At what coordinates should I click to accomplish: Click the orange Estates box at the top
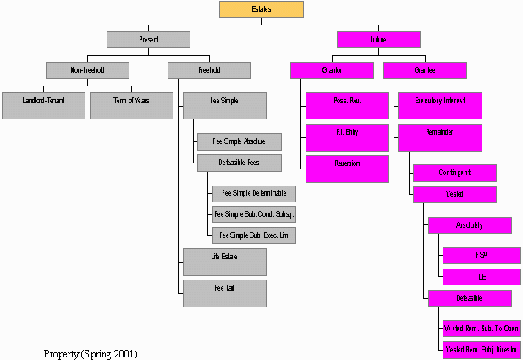pos(261,9)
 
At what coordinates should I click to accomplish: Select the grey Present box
pos(148,40)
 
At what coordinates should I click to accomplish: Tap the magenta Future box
pos(378,40)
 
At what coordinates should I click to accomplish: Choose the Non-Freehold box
pos(88,70)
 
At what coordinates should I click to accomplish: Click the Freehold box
pos(208,70)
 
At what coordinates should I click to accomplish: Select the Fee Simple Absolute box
pos(239,141)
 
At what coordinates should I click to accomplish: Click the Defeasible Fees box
pos(239,163)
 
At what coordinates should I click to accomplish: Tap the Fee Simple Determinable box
pos(254,194)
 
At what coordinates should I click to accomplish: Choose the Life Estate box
pos(224,262)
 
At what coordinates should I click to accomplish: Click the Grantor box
pos(332,70)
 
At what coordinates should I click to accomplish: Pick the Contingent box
pos(454,173)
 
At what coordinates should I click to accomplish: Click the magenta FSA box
pos(482,256)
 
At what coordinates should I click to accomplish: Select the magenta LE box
pos(482,277)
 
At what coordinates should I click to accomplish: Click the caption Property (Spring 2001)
pos(91,352)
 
